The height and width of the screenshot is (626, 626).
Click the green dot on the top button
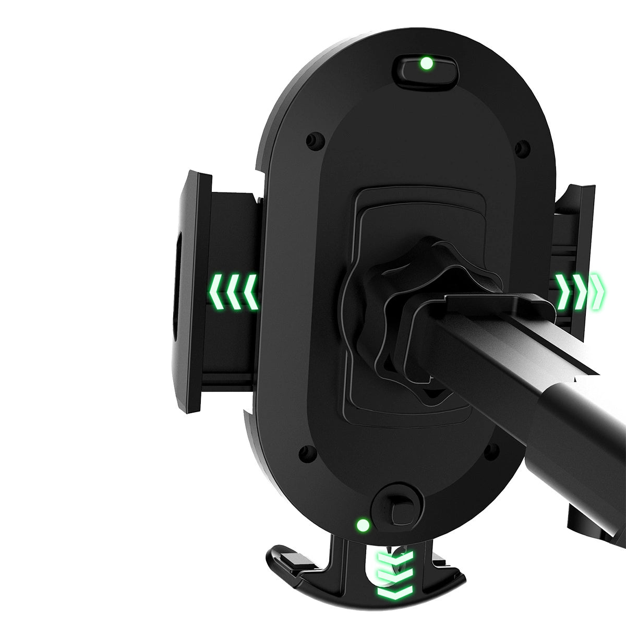tap(426, 64)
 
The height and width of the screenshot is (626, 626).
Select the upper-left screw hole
tap(312, 140)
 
